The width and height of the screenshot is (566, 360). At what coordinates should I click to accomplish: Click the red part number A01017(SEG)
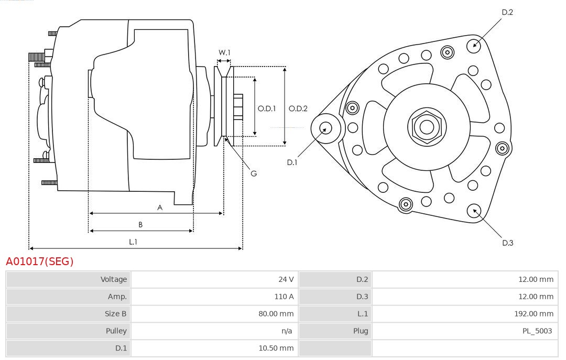point(40,261)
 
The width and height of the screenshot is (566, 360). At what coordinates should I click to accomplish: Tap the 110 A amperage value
point(284,297)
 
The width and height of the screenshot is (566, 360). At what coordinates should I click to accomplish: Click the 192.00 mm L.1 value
point(534,314)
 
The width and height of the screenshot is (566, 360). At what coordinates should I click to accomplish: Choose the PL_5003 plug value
point(537,331)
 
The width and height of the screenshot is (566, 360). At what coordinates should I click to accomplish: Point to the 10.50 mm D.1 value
point(275,348)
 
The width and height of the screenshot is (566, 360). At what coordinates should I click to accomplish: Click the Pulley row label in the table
point(116,331)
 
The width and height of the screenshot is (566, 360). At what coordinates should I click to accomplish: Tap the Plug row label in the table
point(361,331)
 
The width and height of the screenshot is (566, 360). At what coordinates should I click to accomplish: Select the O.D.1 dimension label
point(267,109)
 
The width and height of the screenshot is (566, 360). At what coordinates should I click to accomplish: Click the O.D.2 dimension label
point(298,109)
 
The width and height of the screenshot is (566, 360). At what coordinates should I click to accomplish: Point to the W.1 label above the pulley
point(224,52)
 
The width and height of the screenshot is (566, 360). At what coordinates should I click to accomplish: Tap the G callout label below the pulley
point(254,173)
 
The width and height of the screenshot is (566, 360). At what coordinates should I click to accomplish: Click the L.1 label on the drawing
point(133,242)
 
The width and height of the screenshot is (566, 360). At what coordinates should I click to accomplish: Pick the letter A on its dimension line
point(160,208)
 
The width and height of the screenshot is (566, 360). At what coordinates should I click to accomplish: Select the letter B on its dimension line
point(140,225)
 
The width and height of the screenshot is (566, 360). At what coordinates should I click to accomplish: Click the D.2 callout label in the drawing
point(507,12)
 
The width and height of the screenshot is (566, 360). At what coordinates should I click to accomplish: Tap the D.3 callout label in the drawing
point(507,243)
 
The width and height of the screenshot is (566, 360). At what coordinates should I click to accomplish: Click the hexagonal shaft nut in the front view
point(427,127)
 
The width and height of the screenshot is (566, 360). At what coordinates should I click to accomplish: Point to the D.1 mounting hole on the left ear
point(325,127)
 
